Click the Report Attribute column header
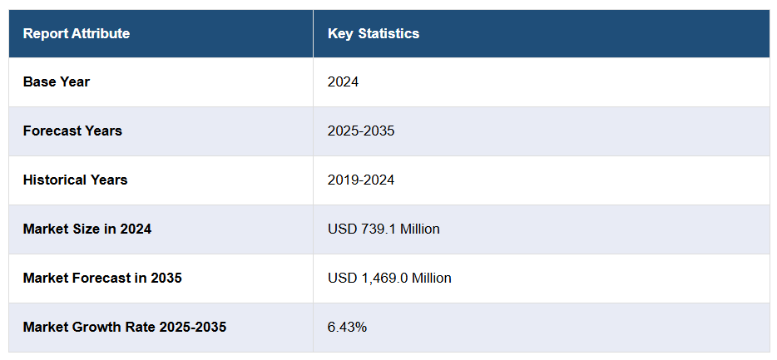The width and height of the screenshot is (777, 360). (x=77, y=34)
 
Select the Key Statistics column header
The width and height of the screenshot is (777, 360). (x=374, y=34)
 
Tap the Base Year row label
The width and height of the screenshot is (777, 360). (x=57, y=82)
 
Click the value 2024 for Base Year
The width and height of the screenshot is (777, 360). (x=343, y=82)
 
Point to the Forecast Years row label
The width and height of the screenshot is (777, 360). (x=72, y=131)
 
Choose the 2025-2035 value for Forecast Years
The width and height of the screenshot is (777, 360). (x=361, y=131)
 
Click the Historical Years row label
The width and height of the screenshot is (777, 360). (x=76, y=180)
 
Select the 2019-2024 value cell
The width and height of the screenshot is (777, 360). (x=361, y=180)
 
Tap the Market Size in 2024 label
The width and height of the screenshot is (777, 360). (x=87, y=229)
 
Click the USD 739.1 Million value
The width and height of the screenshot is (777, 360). (x=384, y=229)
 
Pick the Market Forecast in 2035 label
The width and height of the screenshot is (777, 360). (x=102, y=279)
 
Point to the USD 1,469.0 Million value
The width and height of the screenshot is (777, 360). (x=389, y=279)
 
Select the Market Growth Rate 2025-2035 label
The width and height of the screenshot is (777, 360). (x=125, y=328)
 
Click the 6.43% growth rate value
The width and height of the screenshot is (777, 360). (x=347, y=328)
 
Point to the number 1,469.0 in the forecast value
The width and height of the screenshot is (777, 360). (x=382, y=279)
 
